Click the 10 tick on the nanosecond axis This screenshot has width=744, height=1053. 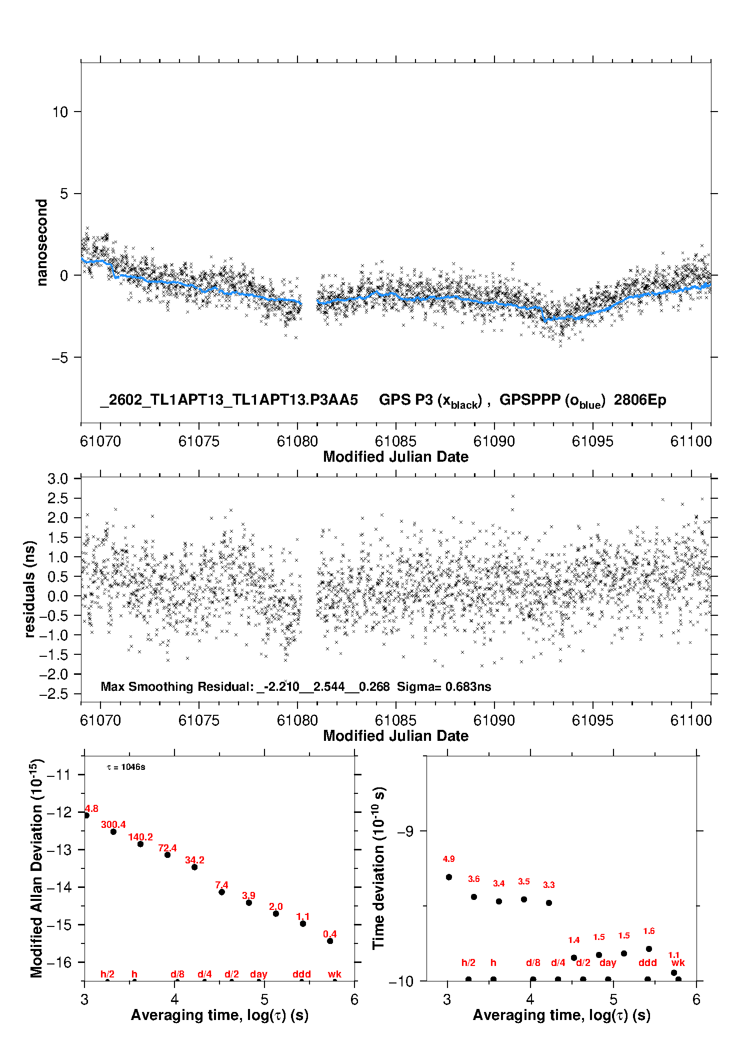pos(60,112)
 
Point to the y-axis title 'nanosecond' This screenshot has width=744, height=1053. pos(42,243)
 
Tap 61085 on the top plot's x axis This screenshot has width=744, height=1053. pos(395,441)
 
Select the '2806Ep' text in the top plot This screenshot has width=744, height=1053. pos(640,400)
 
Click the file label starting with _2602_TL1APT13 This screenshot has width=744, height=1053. pos(229,400)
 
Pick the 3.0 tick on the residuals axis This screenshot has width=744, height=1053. pos(57,479)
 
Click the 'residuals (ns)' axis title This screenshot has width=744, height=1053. pos(30,589)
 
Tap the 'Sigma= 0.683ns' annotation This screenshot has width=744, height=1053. pos(444,686)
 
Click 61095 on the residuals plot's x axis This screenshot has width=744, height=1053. pos(592,720)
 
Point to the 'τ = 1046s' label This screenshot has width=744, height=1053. pos(126,767)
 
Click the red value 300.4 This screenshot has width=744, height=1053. pos(113,824)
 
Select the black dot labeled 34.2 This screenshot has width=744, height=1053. pos(194,867)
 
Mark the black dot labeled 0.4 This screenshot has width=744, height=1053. pos(330,941)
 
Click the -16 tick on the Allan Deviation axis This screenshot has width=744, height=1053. pos(59,962)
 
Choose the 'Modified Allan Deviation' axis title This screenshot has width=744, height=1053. pos(36,868)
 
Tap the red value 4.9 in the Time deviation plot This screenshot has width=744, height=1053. pos(448,859)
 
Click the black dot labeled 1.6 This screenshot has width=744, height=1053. pos(649,949)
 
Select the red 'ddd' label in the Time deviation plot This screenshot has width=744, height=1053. pos(647,962)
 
